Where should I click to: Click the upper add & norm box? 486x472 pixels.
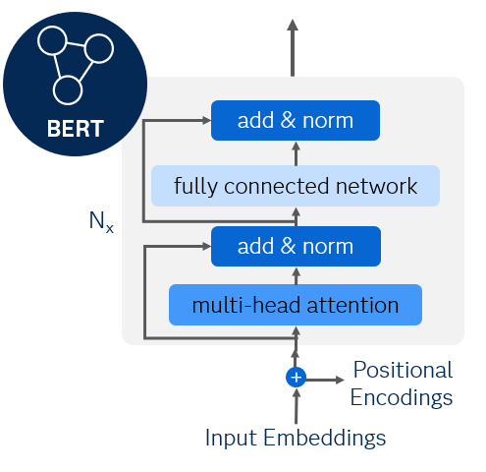295,121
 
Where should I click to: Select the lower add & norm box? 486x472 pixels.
295,245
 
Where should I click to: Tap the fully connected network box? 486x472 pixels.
295,186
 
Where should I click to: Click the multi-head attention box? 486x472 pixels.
295,305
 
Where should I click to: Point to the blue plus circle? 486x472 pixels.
295,377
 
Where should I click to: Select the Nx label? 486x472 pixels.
101,222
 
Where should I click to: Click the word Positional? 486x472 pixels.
403,370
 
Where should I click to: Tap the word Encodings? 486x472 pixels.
401,397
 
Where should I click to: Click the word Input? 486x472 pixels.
232,438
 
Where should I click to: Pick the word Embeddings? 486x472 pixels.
325,438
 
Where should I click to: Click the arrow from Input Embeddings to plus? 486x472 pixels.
295,405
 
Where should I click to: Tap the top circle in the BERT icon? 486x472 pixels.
51,41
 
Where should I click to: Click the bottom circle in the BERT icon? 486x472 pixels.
67,89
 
